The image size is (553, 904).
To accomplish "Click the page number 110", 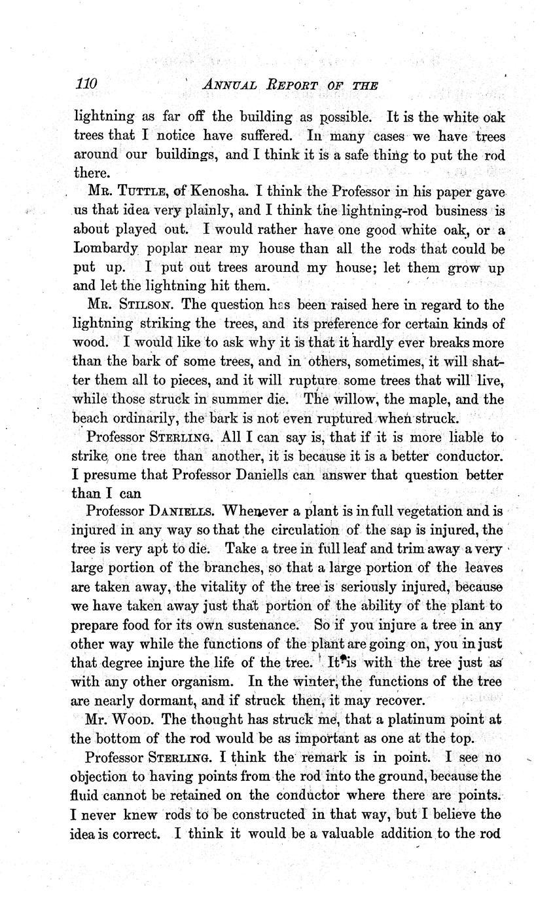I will tap(86, 84).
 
